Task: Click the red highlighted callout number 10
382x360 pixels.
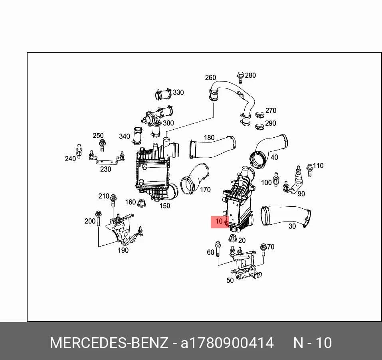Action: [x=219, y=221]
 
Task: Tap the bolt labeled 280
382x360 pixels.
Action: [x=240, y=77]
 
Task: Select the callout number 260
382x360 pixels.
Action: [x=210, y=77]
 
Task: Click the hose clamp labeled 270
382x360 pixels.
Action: [x=260, y=113]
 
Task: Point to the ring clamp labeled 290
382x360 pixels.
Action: [x=260, y=127]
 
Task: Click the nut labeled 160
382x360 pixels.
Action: [x=142, y=203]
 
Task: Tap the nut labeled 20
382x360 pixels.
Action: [x=233, y=238]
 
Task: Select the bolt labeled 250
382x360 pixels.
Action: [x=102, y=145]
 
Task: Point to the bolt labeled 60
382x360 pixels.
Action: [x=218, y=249]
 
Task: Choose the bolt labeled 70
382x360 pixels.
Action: [x=263, y=249]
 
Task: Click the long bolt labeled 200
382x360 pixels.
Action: [x=99, y=218]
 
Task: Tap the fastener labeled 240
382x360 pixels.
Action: [x=79, y=151]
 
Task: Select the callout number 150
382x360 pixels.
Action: [x=165, y=206]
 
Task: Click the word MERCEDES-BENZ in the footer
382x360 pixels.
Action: [x=109, y=343]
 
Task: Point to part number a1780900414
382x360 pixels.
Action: [x=227, y=343]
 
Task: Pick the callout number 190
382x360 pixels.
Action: [x=123, y=250]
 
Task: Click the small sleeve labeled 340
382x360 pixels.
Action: [x=138, y=135]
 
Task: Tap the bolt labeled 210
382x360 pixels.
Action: [x=113, y=201]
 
